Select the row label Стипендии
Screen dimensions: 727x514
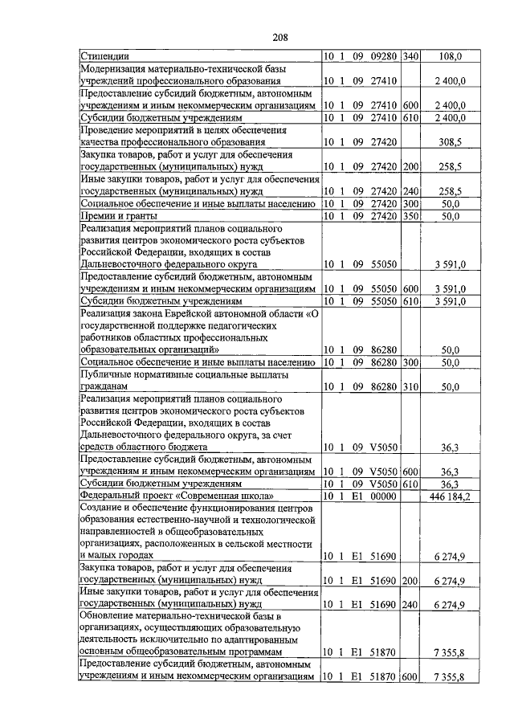click(x=106, y=57)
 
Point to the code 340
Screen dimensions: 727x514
click(x=411, y=57)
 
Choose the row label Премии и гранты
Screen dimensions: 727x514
click(x=117, y=216)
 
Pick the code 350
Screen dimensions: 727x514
click(x=411, y=216)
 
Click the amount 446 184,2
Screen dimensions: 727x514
click(x=451, y=497)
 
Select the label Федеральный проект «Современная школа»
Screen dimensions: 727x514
click(x=177, y=497)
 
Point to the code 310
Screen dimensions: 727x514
click(x=411, y=386)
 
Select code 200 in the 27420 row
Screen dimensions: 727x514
click(x=411, y=167)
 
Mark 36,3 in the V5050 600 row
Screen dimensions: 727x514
click(x=451, y=472)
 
